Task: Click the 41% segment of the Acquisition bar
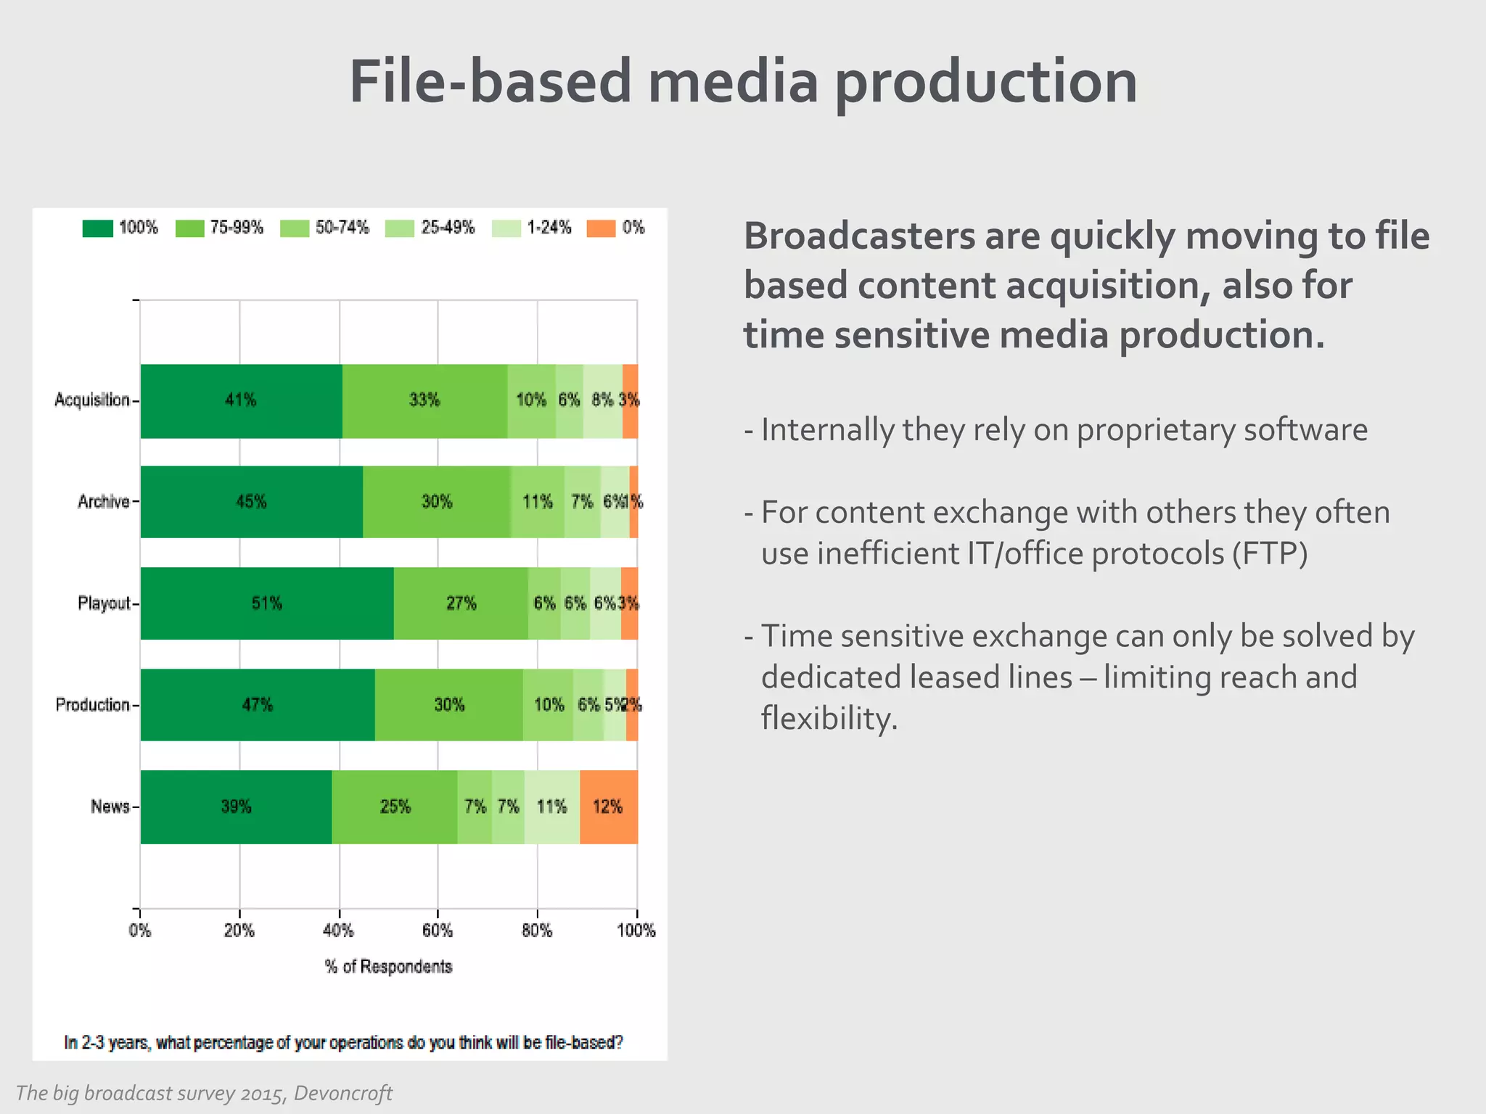(241, 400)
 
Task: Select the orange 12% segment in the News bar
(608, 806)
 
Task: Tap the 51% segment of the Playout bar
(266, 603)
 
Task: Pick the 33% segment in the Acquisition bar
(424, 400)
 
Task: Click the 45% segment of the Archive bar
(251, 502)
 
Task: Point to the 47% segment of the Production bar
(257, 705)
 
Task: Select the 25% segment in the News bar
(395, 806)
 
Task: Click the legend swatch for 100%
(98, 228)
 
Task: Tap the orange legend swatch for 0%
(601, 228)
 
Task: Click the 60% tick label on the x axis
(438, 931)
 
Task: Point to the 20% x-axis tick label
(239, 931)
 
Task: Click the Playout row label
(104, 603)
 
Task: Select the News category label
(110, 806)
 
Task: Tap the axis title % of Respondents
(388, 967)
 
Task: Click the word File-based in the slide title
(490, 81)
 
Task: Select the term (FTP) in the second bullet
(1270, 554)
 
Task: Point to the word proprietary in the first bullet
(1155, 430)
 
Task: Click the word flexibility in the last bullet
(828, 719)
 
